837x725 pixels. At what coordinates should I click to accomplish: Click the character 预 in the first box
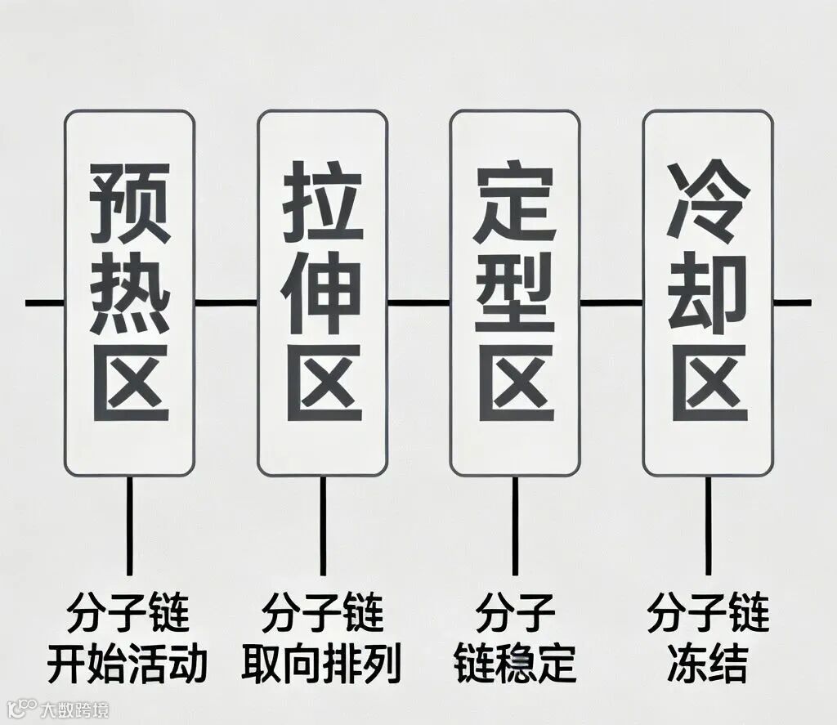pos(130,201)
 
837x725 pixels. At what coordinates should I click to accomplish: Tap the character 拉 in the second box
pos(322,201)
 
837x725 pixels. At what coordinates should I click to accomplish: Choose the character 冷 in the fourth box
pos(708,201)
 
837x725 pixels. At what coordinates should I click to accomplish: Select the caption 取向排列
pos(322,665)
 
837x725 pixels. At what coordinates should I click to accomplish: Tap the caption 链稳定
pos(515,665)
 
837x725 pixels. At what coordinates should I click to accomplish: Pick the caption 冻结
pos(708,665)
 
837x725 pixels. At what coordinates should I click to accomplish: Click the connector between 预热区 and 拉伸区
pos(226,303)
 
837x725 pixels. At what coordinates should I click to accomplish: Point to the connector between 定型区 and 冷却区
pos(611,303)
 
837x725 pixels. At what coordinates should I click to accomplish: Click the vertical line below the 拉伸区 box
pos(322,523)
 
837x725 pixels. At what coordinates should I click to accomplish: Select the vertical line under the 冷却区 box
pos(708,523)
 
